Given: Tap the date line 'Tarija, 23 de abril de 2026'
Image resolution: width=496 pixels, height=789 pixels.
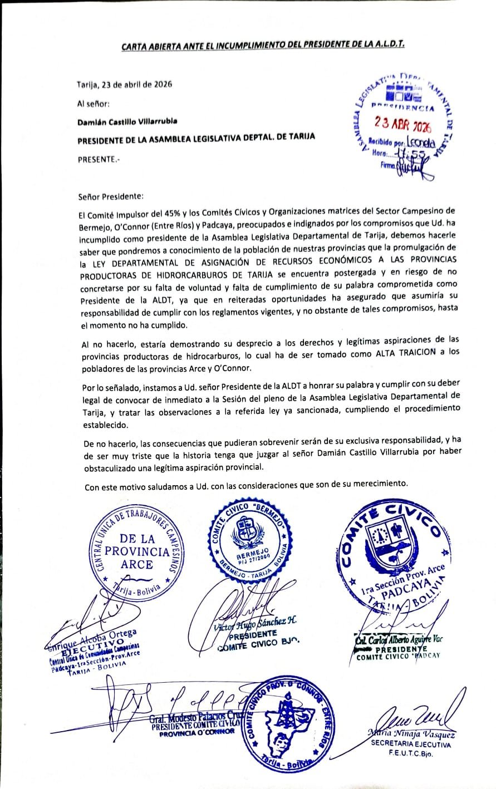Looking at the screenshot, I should (x=124, y=85).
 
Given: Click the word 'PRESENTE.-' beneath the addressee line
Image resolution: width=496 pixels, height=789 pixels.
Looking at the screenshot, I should (x=98, y=158).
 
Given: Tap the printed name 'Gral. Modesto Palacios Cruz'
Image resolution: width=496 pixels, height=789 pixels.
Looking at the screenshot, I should (x=196, y=717).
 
